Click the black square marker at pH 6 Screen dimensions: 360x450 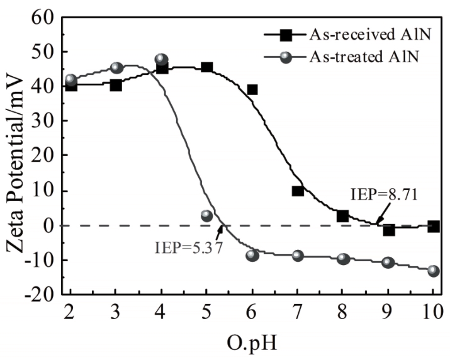[x=252, y=89]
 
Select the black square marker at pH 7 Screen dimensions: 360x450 [x=298, y=191]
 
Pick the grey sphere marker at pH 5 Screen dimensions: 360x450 [x=206, y=216]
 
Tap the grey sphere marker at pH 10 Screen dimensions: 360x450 [x=433, y=271]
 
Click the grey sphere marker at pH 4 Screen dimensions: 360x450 [x=161, y=60]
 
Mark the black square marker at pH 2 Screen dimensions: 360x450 [x=70, y=86]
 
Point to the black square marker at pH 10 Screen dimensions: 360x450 [x=433, y=227]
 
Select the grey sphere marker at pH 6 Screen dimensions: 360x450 [x=252, y=255]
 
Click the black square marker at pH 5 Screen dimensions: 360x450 [x=206, y=67]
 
